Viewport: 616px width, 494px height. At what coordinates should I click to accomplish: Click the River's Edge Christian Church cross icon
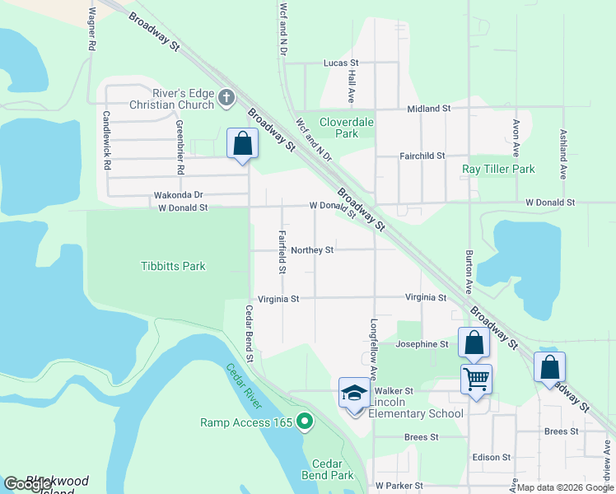(x=226, y=100)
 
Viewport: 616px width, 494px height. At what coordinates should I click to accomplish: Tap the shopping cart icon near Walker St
(x=476, y=380)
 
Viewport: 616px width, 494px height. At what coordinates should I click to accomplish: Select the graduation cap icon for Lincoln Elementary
(x=354, y=393)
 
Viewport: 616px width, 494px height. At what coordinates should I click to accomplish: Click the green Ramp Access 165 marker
(x=305, y=422)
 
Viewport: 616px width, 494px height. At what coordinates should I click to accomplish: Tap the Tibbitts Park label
(x=173, y=266)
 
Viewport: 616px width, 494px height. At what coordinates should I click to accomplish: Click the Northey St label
(x=312, y=250)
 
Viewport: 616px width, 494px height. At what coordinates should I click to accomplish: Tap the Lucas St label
(x=342, y=63)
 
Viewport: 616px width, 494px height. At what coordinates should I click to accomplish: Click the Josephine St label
(x=422, y=344)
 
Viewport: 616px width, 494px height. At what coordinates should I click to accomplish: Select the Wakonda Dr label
(x=178, y=195)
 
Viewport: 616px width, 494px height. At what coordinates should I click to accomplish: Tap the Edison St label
(x=492, y=457)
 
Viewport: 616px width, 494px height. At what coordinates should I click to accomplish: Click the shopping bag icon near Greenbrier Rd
(x=243, y=143)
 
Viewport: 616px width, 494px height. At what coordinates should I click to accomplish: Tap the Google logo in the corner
(x=28, y=484)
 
